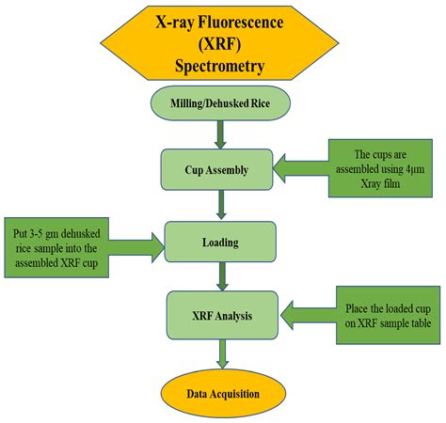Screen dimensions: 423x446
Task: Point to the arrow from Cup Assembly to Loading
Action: (219, 205)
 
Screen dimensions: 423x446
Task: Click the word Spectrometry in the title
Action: (222, 66)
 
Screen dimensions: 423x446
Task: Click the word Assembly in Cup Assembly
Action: (231, 170)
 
